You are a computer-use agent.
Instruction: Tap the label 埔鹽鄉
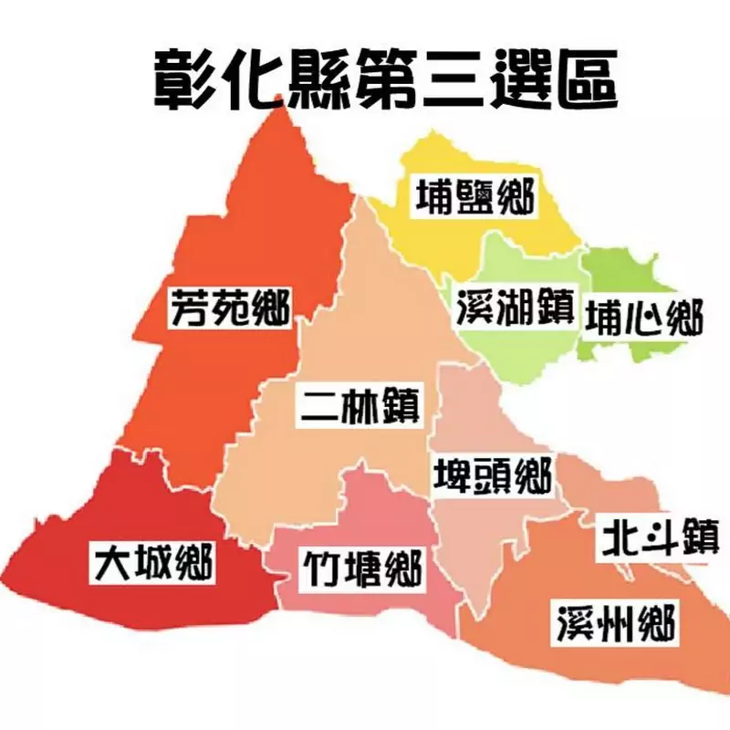[474, 195]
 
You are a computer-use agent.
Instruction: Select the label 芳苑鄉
[230, 309]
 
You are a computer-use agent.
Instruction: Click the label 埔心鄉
[644, 318]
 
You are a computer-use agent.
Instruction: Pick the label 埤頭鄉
[491, 475]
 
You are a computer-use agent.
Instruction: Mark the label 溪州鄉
[617, 625]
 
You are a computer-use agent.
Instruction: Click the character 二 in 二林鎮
[321, 404]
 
